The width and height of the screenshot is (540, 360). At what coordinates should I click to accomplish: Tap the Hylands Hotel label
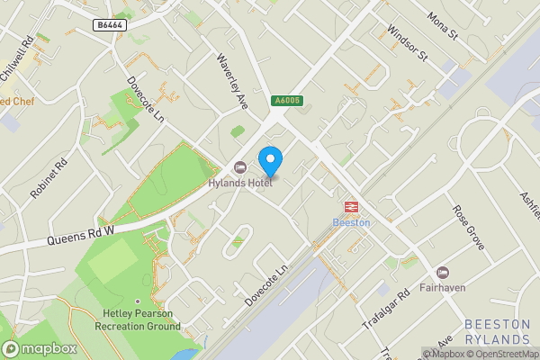pos(240,184)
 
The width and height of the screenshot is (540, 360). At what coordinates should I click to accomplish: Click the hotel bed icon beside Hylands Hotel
pos(239,167)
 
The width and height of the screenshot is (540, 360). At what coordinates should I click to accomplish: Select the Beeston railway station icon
pos(350,205)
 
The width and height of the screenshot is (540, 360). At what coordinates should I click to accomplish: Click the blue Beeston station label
pos(351,222)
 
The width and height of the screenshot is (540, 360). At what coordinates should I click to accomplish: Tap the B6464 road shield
pos(109,26)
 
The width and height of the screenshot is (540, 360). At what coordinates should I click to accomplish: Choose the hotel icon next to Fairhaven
pos(442,273)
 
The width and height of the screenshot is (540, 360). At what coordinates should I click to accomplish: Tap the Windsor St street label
pos(406,42)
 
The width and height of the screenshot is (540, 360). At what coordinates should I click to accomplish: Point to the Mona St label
pos(443,27)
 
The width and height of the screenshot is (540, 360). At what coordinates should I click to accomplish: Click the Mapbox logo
pos(39,348)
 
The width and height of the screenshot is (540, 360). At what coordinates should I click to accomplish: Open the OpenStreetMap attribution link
pos(504,354)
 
